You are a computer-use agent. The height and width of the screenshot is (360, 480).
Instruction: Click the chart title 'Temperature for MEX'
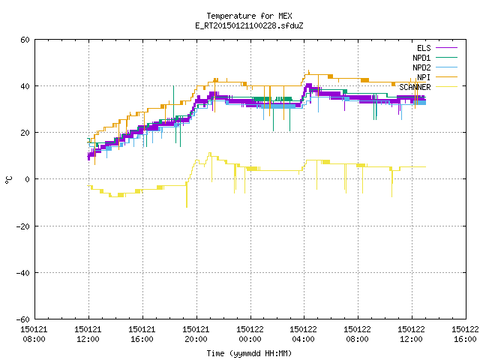tap(249, 16)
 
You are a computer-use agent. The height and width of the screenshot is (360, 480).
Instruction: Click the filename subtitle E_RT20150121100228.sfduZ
tap(249, 25)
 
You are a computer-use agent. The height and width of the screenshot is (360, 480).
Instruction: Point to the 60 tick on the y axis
tap(25, 40)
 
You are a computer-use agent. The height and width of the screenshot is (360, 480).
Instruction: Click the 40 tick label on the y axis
tap(25, 86)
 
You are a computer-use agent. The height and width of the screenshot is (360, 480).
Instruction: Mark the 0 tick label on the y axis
tap(28, 179)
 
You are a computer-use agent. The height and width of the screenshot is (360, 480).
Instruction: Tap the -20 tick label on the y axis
tap(23, 226)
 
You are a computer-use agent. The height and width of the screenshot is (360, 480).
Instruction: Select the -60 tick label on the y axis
tap(23, 319)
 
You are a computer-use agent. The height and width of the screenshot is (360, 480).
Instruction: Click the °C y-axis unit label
tap(9, 180)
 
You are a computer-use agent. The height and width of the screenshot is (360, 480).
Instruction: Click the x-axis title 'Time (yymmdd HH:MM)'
tap(249, 353)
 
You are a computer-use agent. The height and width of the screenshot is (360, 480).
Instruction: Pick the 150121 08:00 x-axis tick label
tap(34, 334)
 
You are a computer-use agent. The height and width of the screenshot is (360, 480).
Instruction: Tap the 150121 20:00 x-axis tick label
tap(196, 334)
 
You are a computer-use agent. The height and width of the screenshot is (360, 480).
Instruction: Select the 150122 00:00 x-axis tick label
tap(250, 334)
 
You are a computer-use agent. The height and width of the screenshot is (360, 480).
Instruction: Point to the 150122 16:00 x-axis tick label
tap(465, 334)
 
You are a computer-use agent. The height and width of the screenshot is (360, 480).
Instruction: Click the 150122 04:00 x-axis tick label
tap(303, 334)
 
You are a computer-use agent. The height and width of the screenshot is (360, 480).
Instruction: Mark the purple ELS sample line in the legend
tap(446, 48)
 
